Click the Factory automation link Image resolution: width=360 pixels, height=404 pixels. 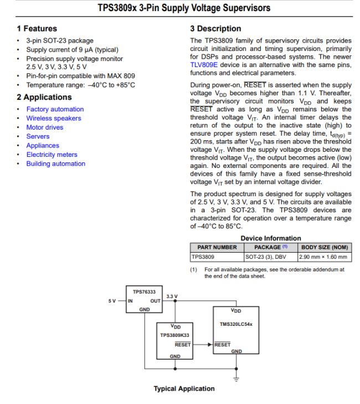click(x=55, y=109)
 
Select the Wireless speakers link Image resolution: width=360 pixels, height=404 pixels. click(x=53, y=118)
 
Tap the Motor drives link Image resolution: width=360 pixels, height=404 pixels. click(x=44, y=127)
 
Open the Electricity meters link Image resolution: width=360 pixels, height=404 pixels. click(x=52, y=155)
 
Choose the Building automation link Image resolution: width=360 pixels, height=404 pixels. click(x=55, y=163)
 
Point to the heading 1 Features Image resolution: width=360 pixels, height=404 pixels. click(x=37, y=28)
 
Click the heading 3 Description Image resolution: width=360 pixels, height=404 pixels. click(x=215, y=28)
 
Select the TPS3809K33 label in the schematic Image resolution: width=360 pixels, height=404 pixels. click(x=175, y=335)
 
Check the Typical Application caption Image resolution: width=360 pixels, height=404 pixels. click(x=184, y=388)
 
